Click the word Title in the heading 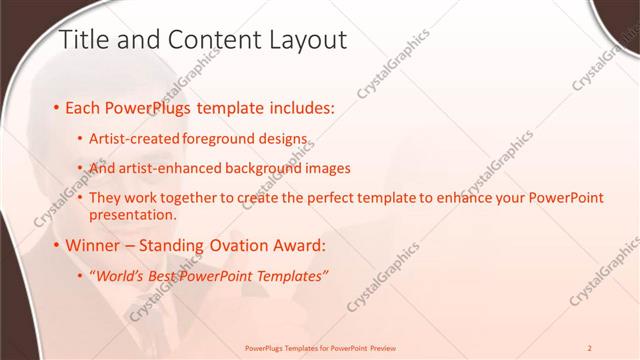click(x=84, y=40)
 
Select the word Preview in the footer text click(x=381, y=348)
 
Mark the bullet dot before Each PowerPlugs click(x=56, y=106)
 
